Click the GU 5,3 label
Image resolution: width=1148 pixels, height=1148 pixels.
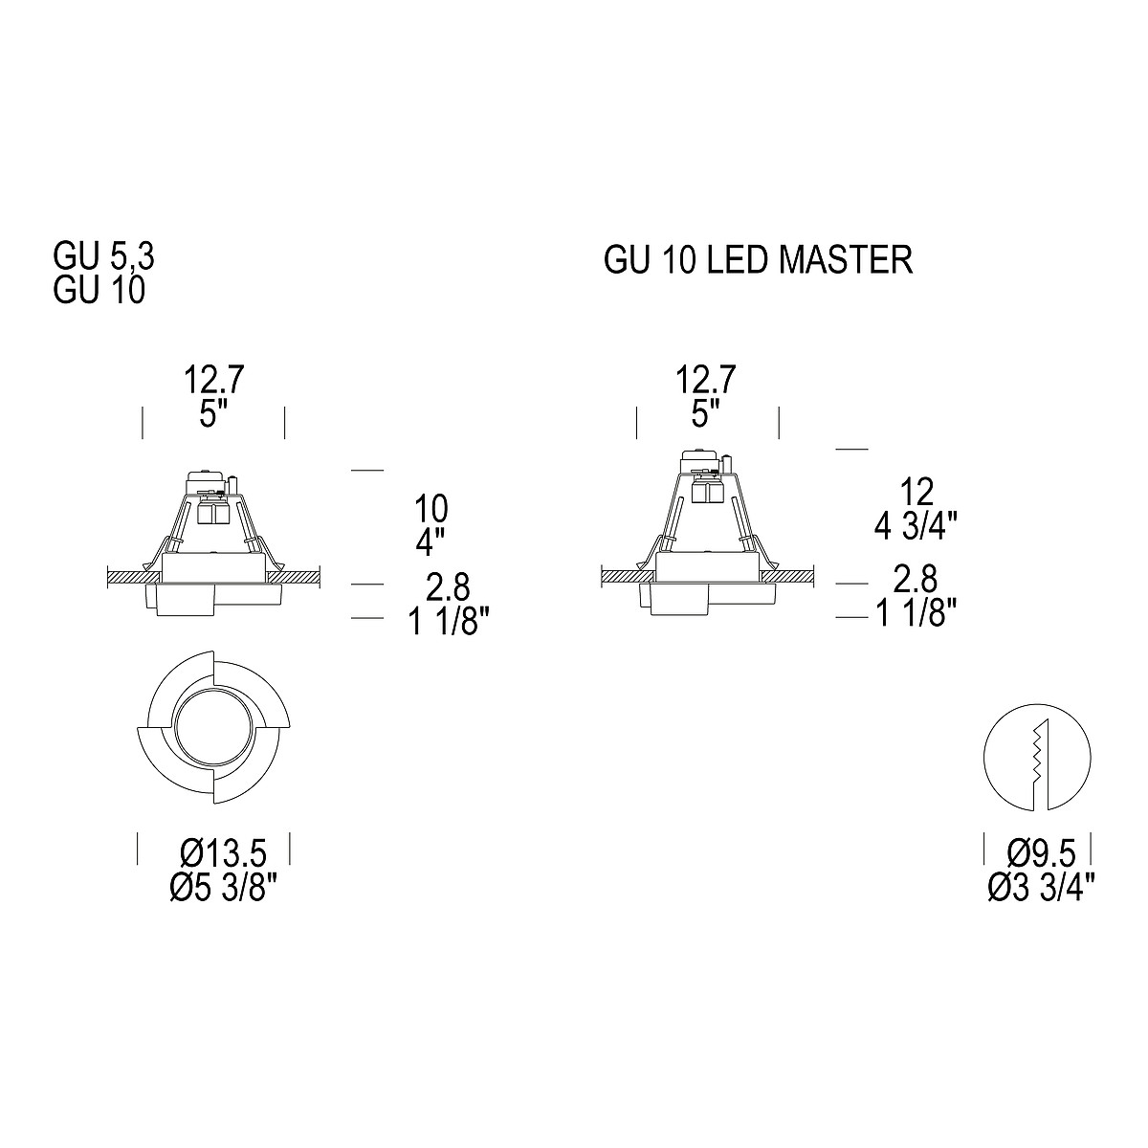103,256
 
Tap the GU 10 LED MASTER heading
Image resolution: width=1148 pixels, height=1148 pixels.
759,260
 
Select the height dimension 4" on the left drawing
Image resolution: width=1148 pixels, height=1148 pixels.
430,541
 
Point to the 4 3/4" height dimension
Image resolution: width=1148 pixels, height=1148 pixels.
916,525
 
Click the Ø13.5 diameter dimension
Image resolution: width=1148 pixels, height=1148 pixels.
223,853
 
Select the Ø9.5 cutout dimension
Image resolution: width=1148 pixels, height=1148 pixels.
1042,853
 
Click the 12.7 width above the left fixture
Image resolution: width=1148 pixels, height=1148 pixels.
214,380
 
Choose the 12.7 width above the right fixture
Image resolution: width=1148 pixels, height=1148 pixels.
705,380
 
